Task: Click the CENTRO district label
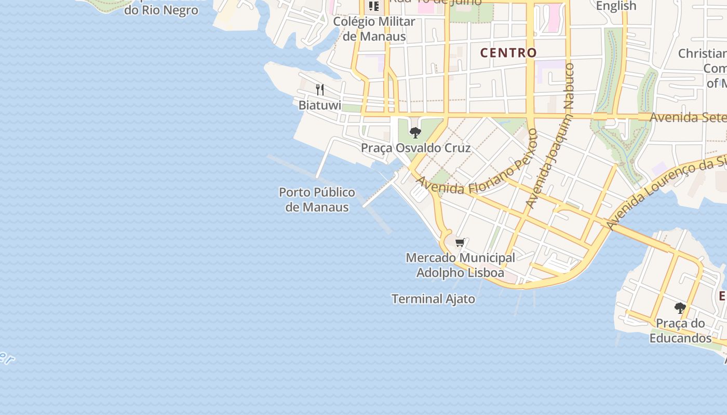(508, 52)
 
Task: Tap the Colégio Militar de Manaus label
(374, 29)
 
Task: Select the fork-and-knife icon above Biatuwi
(320, 90)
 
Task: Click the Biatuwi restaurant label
(320, 105)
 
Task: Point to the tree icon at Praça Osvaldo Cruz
(415, 133)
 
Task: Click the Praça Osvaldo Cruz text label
(415, 148)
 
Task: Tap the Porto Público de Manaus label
(317, 200)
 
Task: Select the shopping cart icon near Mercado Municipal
(460, 242)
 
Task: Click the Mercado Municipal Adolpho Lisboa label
(460, 265)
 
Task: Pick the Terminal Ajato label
(433, 299)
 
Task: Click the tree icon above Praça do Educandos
(680, 308)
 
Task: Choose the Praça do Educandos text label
(680, 331)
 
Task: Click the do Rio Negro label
(161, 10)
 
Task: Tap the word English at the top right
(616, 6)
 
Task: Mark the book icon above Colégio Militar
(373, 6)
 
